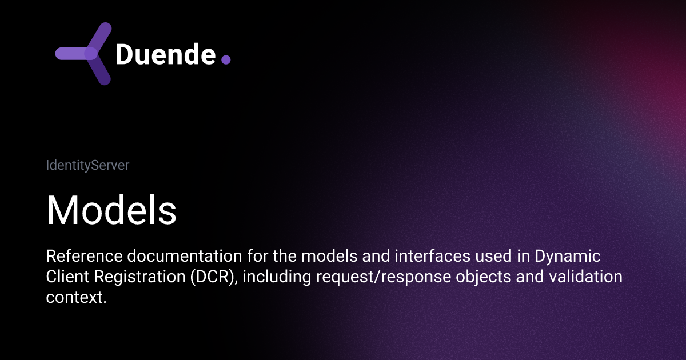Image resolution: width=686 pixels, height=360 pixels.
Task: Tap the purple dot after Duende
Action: pyautogui.click(x=226, y=59)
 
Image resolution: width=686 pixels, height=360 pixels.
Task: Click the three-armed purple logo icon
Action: pyautogui.click(x=86, y=54)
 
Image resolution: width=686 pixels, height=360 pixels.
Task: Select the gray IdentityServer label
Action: pyautogui.click(x=87, y=166)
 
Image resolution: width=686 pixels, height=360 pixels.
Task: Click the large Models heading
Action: pyautogui.click(x=111, y=210)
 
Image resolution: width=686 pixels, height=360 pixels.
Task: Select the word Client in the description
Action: pyautogui.click(x=63, y=277)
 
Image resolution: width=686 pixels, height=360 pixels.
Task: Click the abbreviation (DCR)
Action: pyautogui.click(x=205, y=277)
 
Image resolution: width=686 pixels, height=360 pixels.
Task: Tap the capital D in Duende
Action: pyautogui.click(x=124, y=54)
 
